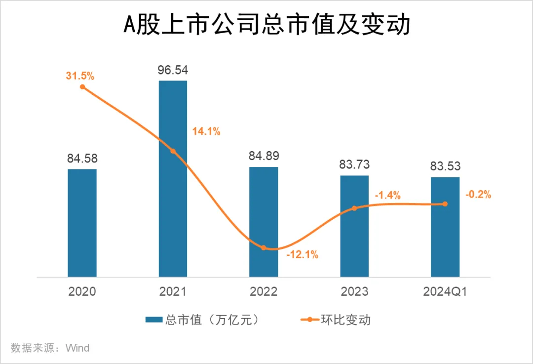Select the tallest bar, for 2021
(173, 178)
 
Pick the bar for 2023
(354, 226)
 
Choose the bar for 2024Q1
(445, 227)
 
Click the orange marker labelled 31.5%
(82, 87)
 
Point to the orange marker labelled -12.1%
(264, 247)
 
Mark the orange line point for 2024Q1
(445, 204)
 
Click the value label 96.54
(173, 70)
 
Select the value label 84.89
(264, 157)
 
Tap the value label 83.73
(354, 165)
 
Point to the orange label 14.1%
(205, 131)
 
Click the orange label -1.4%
(387, 195)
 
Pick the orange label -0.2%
(478, 195)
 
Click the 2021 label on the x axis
(173, 291)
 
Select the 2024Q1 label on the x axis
(445, 291)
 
